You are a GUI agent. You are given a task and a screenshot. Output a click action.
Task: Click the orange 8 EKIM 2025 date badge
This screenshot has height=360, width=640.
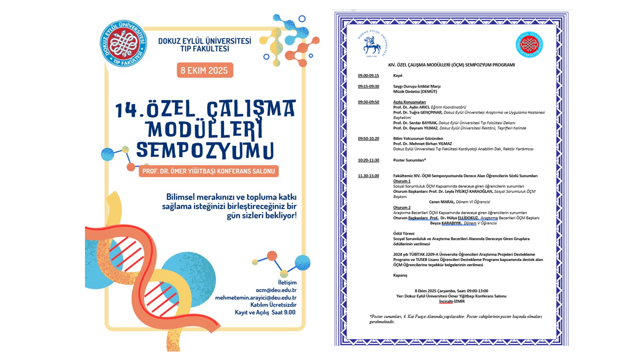coord(205,70)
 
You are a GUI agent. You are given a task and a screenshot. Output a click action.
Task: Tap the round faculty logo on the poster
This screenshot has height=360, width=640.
coord(123,44)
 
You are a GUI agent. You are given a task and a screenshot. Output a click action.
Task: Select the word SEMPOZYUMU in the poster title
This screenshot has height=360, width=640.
coord(205,150)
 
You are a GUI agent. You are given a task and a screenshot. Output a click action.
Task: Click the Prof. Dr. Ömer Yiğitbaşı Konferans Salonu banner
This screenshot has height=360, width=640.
coord(209,171)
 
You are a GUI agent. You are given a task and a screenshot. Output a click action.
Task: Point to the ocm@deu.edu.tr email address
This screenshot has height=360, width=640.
coord(276,290)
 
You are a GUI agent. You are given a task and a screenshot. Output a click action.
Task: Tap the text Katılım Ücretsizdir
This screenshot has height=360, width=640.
coord(273,304)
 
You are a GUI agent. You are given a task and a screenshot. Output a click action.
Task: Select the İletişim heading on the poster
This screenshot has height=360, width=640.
coord(287,282)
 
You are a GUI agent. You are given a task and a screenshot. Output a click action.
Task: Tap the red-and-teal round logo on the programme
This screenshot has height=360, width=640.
coord(529,44)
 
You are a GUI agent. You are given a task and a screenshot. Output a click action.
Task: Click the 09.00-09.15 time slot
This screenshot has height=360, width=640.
coord(368,75)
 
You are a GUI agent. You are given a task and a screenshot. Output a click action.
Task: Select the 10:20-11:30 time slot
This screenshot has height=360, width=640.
coord(368,160)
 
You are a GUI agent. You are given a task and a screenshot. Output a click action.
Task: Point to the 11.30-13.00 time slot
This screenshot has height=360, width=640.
coord(368,175)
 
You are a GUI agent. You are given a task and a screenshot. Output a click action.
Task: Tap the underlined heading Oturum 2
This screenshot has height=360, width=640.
coord(402,207)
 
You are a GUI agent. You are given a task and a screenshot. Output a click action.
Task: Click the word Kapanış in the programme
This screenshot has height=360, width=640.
coord(400,275)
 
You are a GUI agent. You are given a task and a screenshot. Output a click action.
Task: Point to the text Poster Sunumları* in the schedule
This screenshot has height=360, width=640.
coord(409,160)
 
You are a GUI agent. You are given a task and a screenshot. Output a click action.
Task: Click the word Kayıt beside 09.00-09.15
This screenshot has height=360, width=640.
coord(398,75)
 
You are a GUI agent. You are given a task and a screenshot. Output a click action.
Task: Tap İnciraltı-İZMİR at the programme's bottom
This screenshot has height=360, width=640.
coord(451,301)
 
